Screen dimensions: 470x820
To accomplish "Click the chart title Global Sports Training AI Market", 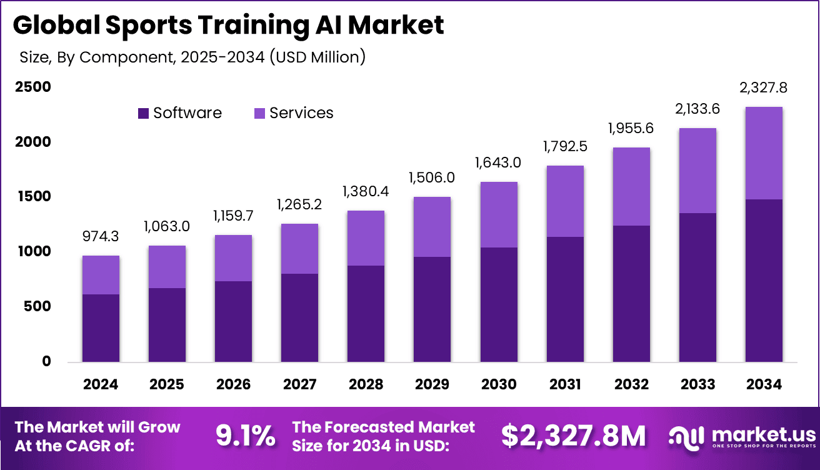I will click(x=228, y=25).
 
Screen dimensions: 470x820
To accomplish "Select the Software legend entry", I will click(x=180, y=113).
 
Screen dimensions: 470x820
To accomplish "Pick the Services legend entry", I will click(x=294, y=113).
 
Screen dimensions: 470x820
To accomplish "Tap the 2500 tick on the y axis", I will click(x=32, y=87).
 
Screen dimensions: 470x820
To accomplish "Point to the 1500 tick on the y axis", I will click(x=32, y=197).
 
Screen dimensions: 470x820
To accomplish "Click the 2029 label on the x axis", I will click(x=432, y=384).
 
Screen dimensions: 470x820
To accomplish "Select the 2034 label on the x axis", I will click(x=764, y=384).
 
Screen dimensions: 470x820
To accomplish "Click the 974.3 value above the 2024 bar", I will click(x=101, y=237).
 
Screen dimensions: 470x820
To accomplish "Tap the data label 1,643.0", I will click(x=499, y=164).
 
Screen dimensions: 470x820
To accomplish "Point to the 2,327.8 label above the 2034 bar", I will click(x=764, y=88).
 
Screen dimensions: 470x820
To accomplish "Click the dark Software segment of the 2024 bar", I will click(x=101, y=327).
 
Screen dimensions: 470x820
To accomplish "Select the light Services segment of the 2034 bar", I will click(x=764, y=153).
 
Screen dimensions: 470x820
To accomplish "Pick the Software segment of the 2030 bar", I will click(x=499, y=304).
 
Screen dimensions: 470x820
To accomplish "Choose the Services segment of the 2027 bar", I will click(x=299, y=249).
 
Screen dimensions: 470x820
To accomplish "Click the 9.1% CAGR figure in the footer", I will click(x=245, y=436).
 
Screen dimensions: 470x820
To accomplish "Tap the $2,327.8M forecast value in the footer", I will click(x=573, y=436).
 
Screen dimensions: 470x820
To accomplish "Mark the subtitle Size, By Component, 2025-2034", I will click(x=192, y=57).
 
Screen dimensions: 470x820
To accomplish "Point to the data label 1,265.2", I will click(x=299, y=205).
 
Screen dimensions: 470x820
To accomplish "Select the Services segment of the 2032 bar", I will click(x=631, y=186).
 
